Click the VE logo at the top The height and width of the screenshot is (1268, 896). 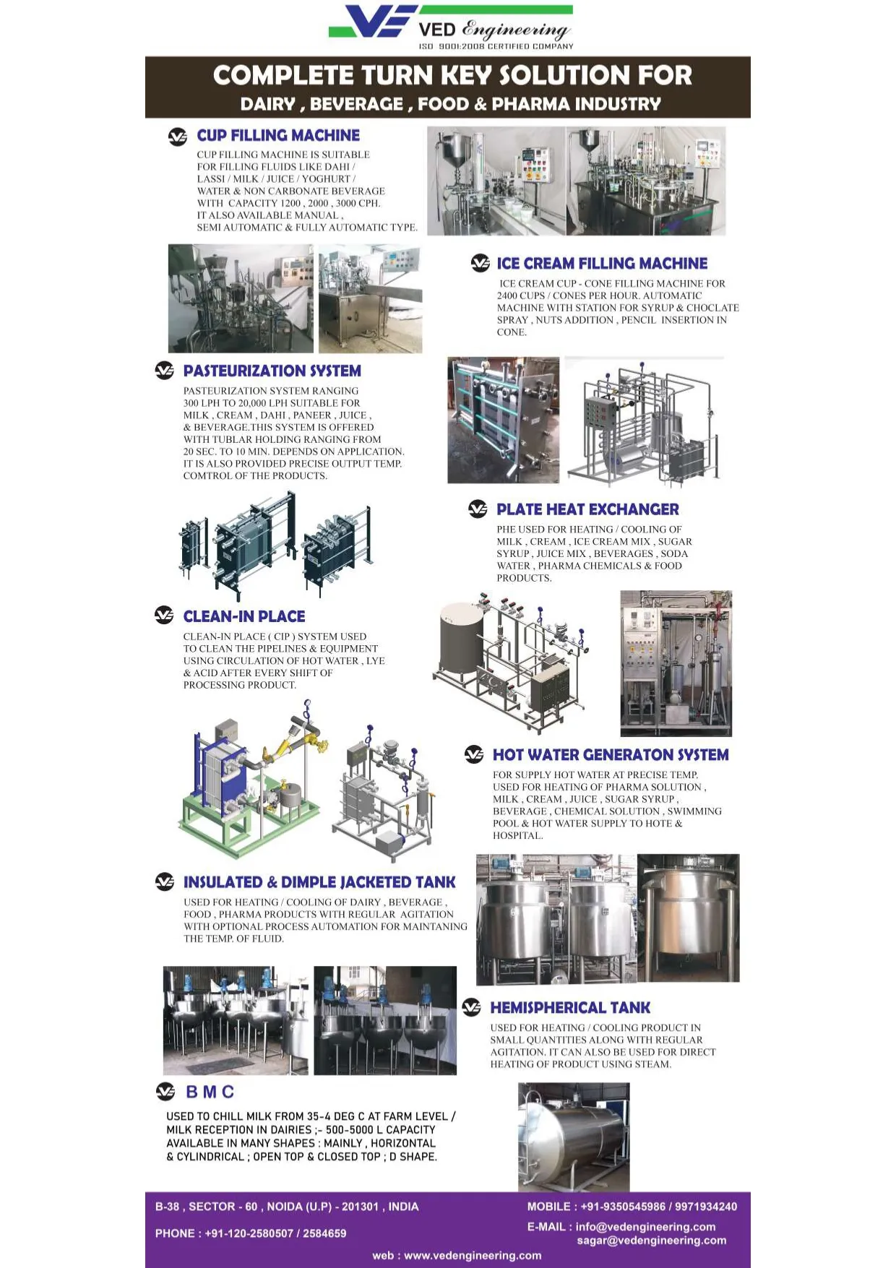pos(373,21)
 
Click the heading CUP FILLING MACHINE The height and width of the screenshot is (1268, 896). pos(278,135)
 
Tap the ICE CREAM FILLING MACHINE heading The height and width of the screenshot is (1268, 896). pos(602,263)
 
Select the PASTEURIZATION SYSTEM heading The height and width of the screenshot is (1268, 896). pos(272,371)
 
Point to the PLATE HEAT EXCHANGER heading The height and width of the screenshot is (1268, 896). pos(587,509)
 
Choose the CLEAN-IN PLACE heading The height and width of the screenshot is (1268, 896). pos(244,616)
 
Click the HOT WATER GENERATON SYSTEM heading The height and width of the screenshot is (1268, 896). pos(611,755)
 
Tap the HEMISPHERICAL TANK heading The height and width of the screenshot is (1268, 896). pos(570,1008)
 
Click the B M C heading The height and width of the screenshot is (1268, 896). pos(210,1092)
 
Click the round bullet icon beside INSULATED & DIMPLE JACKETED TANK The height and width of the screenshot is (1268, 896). pos(165,881)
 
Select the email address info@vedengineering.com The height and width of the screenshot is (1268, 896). pos(645,1227)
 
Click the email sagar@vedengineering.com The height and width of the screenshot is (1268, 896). pos(652,1241)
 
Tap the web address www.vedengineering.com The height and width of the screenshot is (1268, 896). pos(473,1256)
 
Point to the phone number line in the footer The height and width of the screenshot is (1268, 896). pos(251,1233)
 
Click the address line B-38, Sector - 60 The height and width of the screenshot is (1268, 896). pos(287,1207)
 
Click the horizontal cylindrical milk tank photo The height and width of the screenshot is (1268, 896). pos(574,1137)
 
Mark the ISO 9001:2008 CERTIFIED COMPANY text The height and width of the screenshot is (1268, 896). pos(496,46)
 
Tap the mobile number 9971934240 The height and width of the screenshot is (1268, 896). pos(706,1207)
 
